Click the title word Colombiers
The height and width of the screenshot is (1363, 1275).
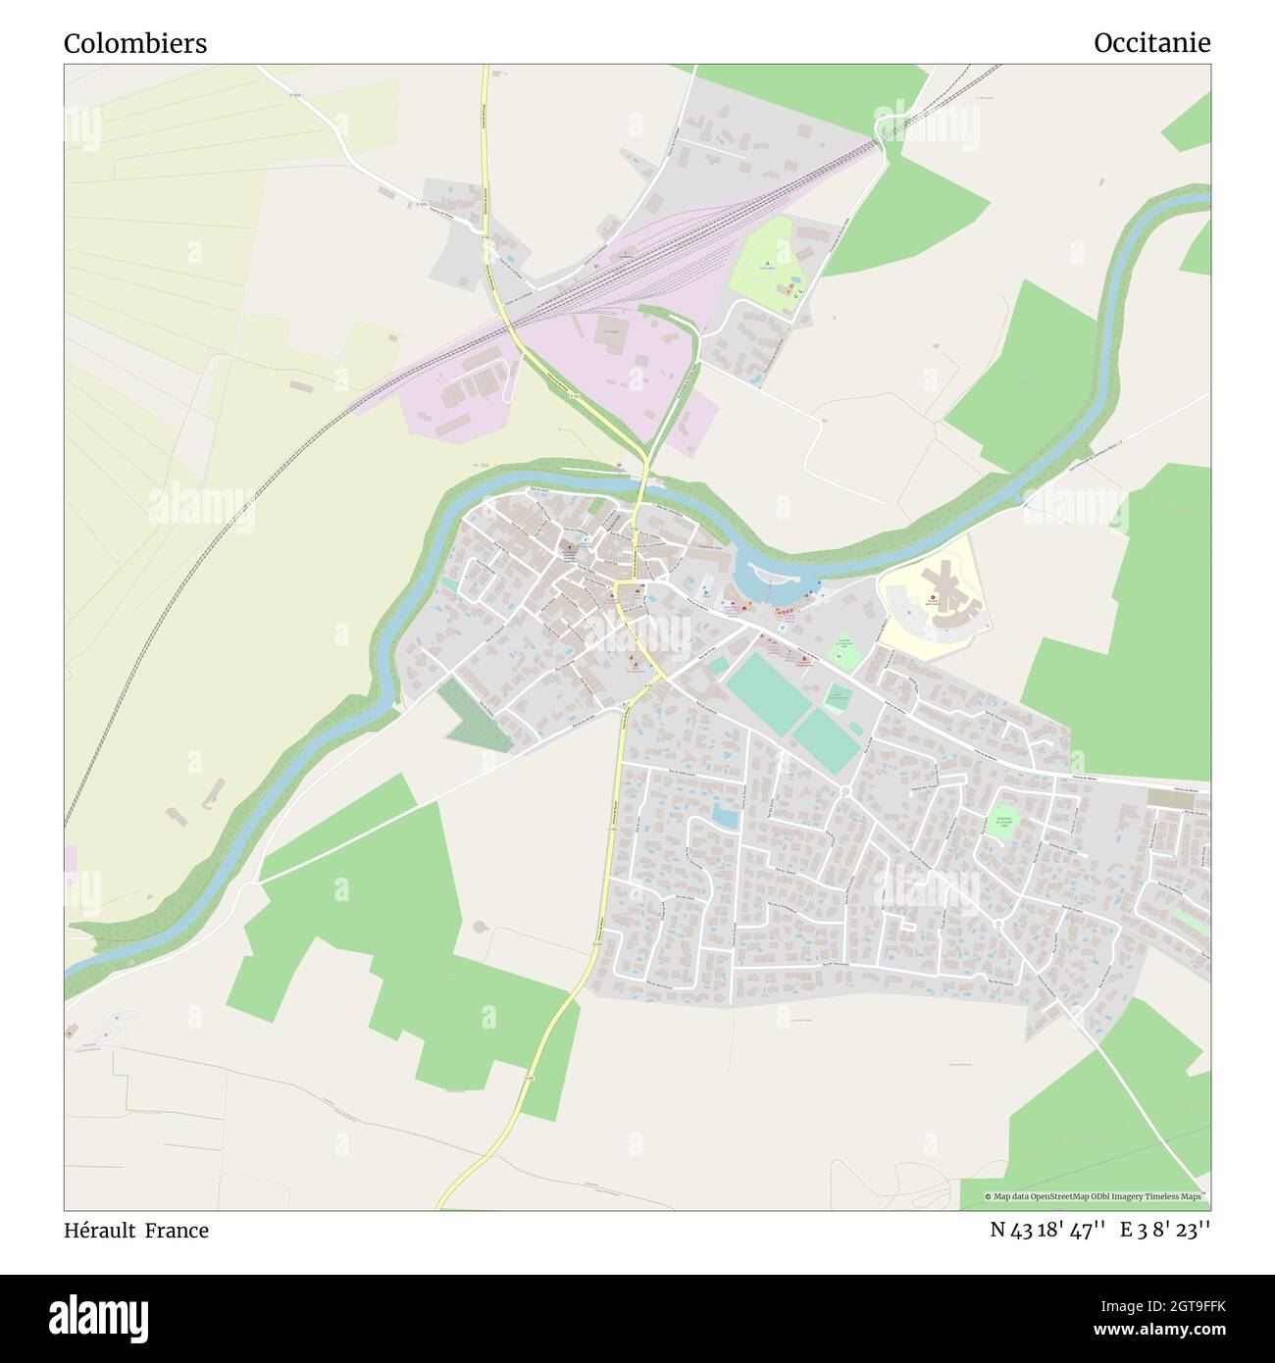coord(135,44)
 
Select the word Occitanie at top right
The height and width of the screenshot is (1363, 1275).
coord(1151,43)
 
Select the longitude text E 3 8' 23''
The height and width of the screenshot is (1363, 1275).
coord(1166,1230)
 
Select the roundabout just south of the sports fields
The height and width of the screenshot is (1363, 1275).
coord(845,790)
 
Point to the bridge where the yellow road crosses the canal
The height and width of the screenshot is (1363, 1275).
coord(643,481)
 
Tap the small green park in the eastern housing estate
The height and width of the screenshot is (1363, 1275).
coord(1001,821)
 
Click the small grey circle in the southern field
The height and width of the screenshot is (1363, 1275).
coord(480,926)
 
